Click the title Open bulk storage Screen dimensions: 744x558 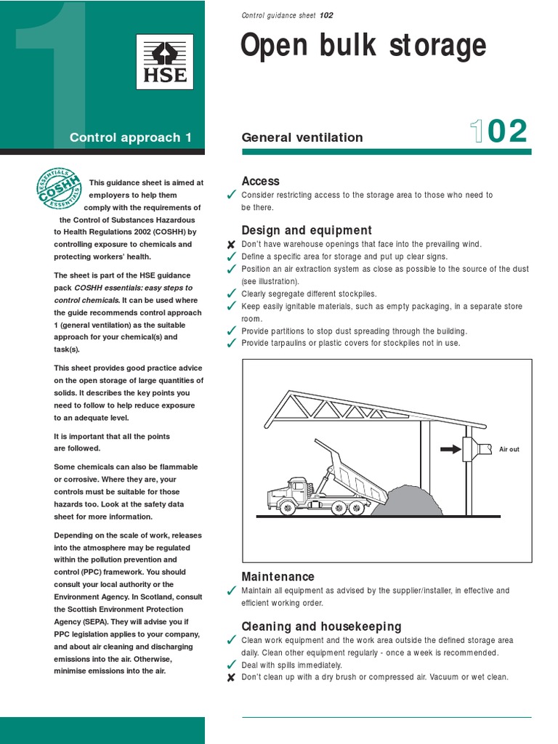[x=363, y=46]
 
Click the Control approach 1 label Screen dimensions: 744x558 [x=131, y=137]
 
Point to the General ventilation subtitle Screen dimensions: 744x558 [x=302, y=137]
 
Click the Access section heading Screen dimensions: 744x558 [x=260, y=181]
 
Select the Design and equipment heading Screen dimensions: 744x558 [x=306, y=230]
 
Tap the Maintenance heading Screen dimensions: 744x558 [x=278, y=576]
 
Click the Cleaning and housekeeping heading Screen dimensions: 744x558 [x=321, y=626]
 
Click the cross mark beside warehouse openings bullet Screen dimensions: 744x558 [x=231, y=245]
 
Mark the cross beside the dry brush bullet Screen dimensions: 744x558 [x=231, y=677]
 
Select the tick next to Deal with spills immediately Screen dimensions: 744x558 [x=231, y=665]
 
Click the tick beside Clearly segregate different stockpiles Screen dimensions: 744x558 [x=231, y=294]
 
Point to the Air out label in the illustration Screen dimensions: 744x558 [x=509, y=449]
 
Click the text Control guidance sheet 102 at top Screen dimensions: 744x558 [x=287, y=15]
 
